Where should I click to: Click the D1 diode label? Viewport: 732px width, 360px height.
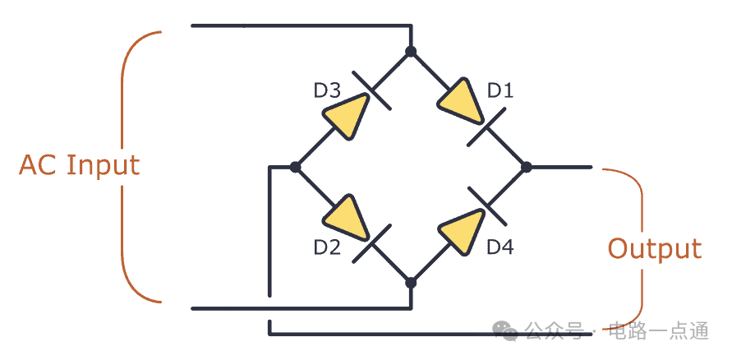click(500, 90)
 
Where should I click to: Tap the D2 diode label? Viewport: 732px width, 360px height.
click(327, 247)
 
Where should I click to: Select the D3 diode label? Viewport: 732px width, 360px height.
click(327, 90)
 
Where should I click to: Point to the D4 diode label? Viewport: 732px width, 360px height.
click(500, 247)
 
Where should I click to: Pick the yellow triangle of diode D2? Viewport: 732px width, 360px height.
click(348, 218)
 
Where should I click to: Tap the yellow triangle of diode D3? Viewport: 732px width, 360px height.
click(348, 115)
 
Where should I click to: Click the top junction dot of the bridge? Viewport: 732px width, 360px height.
click(411, 51)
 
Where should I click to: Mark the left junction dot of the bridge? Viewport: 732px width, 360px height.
click(295, 167)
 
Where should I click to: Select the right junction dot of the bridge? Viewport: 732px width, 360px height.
click(527, 167)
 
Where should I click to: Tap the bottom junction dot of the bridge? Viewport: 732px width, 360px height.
click(411, 283)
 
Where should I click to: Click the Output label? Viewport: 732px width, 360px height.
click(655, 248)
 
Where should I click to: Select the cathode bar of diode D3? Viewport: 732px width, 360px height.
click(371, 90)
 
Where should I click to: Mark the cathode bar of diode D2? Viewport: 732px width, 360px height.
click(371, 242)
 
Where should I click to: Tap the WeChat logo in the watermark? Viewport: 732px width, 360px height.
click(506, 330)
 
